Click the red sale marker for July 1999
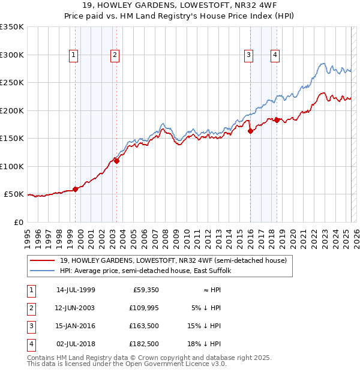point(76,189)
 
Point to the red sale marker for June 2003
point(117,161)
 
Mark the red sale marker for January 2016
point(250,131)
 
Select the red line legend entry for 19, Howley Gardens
point(174,260)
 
